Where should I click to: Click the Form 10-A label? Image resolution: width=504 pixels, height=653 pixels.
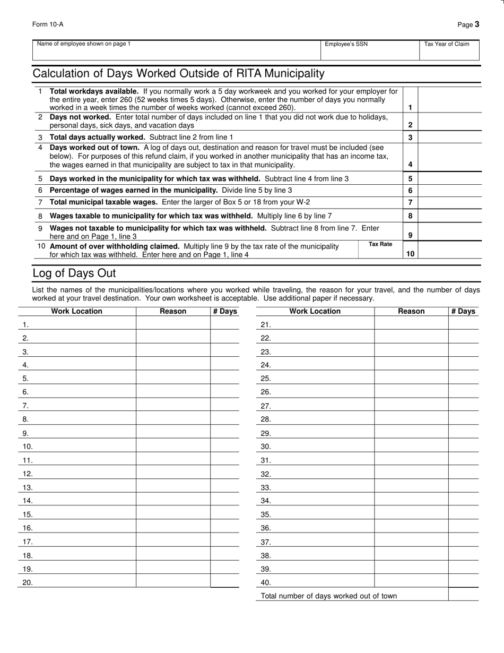coord(48,24)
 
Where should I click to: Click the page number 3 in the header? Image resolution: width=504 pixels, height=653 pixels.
coord(477,24)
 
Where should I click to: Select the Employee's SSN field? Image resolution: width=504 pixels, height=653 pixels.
coord(370,51)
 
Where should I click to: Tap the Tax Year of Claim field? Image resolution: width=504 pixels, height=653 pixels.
coord(450,51)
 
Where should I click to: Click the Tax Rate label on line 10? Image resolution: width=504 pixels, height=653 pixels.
coord(380,244)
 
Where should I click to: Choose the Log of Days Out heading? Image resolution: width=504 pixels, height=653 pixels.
coord(74,273)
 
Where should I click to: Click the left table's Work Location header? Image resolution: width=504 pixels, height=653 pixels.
coord(76,311)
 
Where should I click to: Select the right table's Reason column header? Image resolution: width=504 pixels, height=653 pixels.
coord(411,311)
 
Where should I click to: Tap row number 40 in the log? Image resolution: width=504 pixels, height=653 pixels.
coord(266,582)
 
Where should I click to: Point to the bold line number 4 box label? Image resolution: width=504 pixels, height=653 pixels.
coord(410,165)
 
